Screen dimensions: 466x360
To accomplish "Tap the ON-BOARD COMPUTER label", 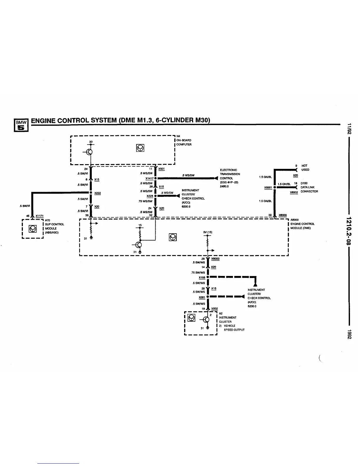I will pos(184,142).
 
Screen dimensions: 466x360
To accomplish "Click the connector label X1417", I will pos(149,178).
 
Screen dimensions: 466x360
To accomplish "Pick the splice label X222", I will pos(98,193).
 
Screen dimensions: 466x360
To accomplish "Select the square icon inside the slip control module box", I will pos(32,229).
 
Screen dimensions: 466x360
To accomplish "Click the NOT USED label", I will pos(305,168).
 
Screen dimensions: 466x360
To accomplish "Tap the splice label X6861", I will pos(268,187).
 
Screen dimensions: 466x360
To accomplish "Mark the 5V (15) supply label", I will pos(208,232).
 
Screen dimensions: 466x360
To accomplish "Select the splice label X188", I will pos(202,277).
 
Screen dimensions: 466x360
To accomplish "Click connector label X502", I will pos(214,309).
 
